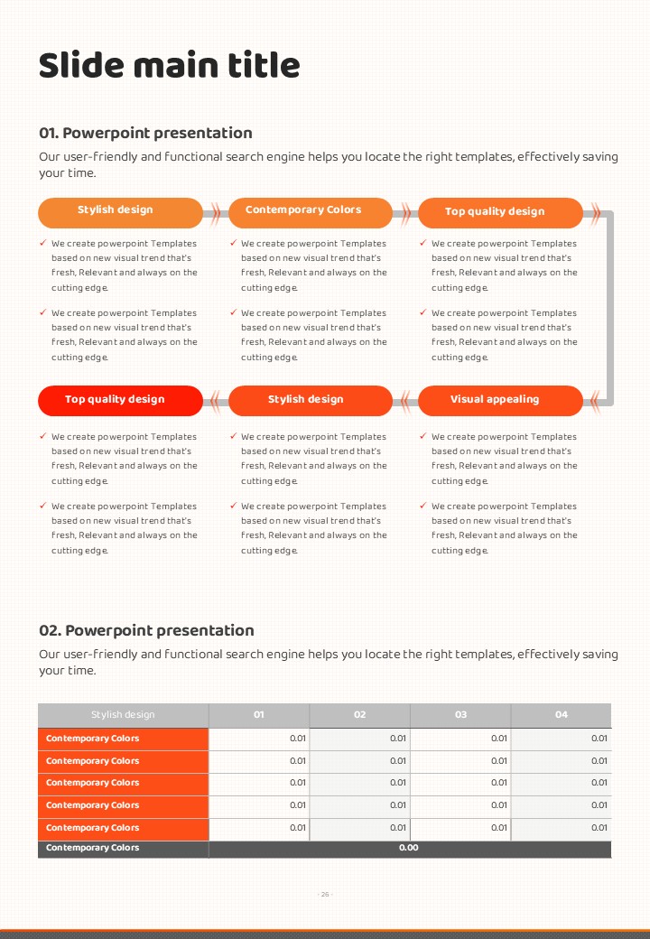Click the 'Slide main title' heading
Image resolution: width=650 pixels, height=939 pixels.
tap(169, 66)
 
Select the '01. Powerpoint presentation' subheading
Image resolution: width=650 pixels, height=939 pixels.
tap(145, 133)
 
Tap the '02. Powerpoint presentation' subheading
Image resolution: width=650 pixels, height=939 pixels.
tap(146, 630)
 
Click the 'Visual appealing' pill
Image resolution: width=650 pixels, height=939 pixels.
tap(495, 399)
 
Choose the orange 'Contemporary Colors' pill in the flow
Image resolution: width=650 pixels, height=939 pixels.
tap(303, 210)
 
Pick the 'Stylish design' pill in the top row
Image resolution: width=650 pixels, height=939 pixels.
tap(116, 210)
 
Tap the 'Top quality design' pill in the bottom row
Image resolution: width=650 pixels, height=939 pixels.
tap(115, 399)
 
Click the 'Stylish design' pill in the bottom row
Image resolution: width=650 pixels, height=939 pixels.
tap(306, 399)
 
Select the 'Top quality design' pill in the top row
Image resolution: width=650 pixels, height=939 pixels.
tap(495, 211)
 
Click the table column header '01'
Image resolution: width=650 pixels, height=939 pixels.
tap(259, 714)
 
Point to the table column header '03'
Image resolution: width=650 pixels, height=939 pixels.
tap(460, 714)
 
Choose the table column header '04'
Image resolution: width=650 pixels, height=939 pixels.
tap(562, 714)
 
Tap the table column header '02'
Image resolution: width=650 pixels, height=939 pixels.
tap(360, 714)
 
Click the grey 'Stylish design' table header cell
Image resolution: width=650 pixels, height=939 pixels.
tap(123, 714)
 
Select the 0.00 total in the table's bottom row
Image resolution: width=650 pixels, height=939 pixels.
tap(409, 848)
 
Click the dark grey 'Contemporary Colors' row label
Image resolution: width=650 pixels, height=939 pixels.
tap(93, 848)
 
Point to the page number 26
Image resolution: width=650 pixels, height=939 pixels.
tap(325, 894)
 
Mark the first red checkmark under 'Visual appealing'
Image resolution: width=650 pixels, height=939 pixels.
tap(423, 437)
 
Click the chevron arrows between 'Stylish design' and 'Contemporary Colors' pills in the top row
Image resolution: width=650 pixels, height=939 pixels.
tap(216, 213)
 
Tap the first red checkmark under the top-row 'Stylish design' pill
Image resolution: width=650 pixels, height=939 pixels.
tap(43, 243)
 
